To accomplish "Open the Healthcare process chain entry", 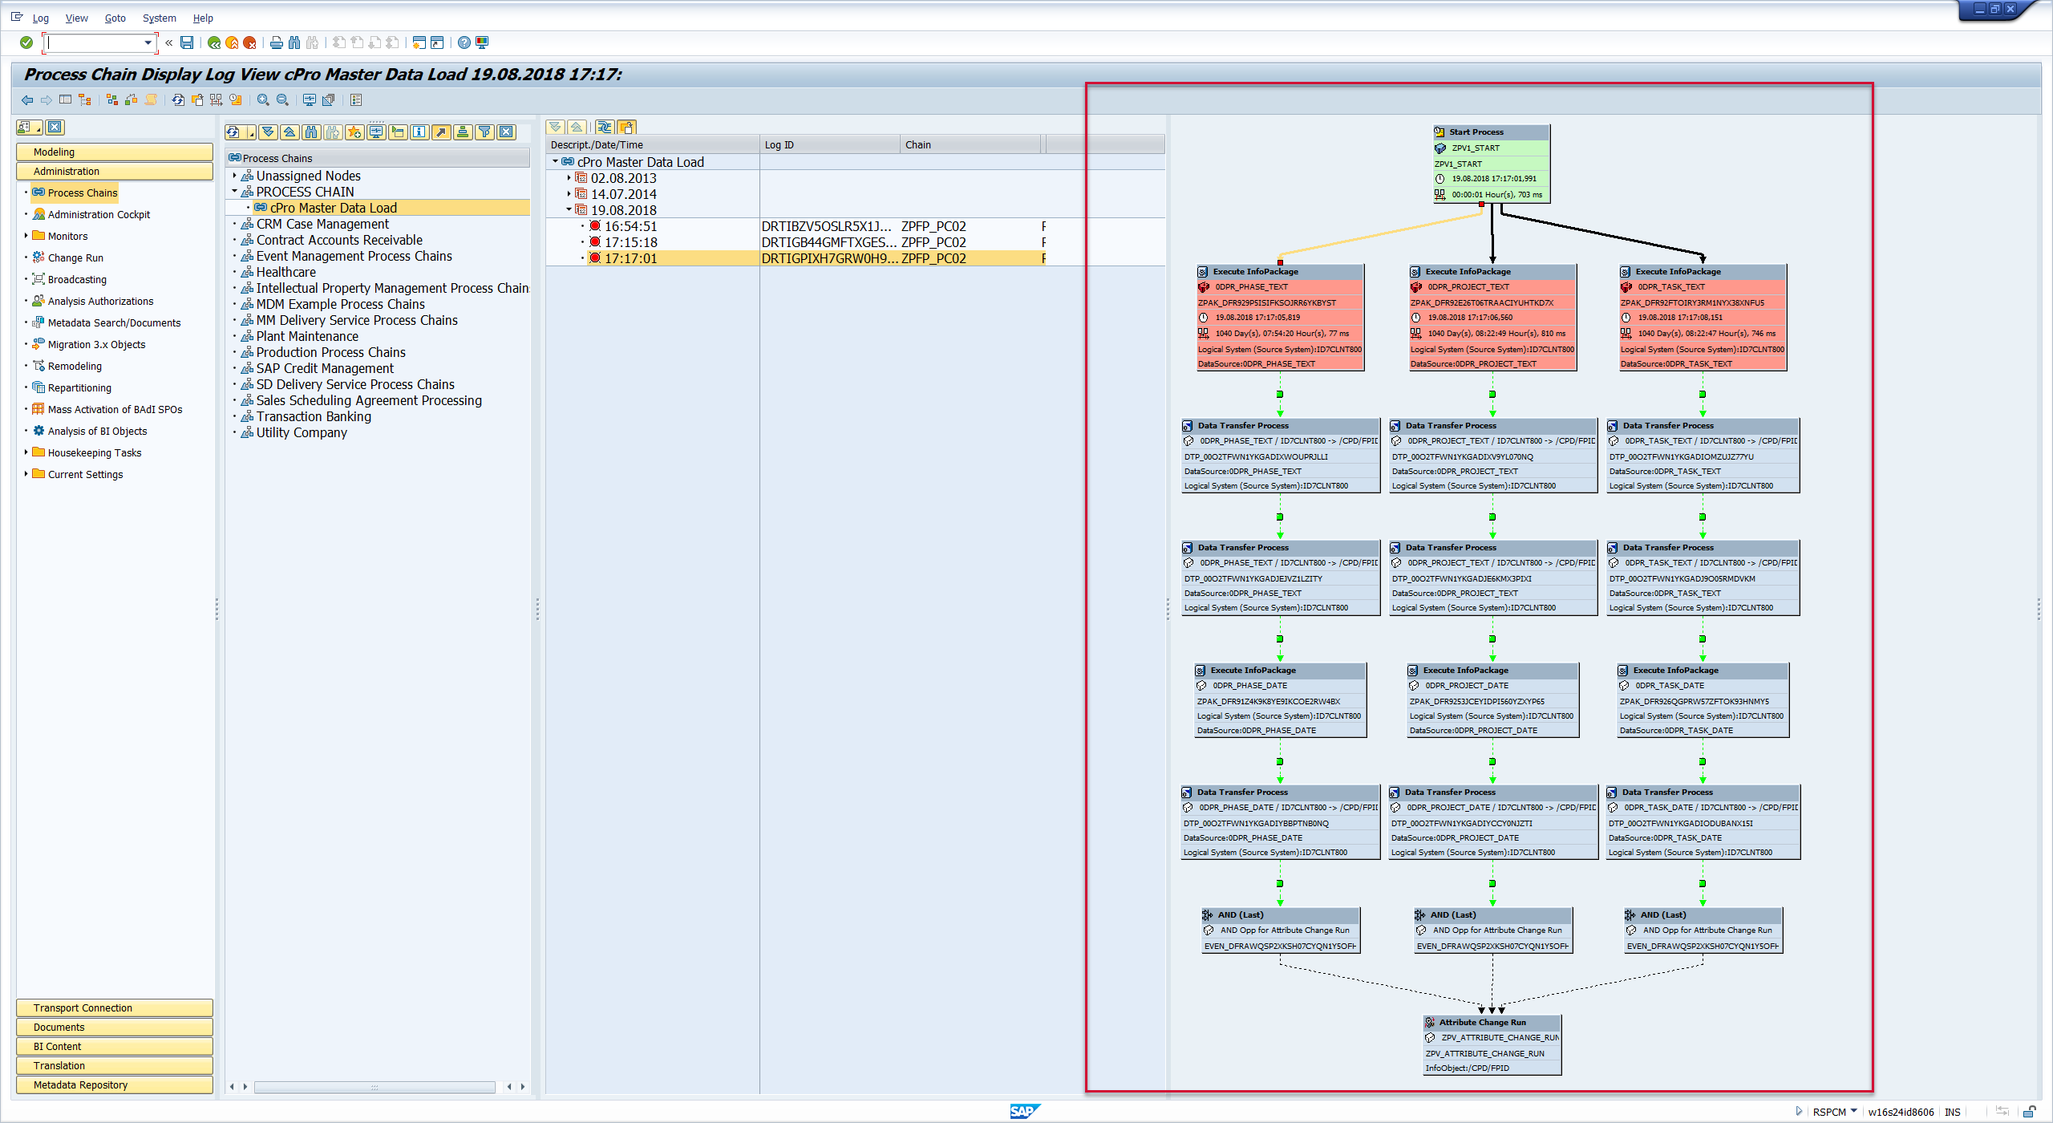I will (285, 272).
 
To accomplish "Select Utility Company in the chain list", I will (302, 432).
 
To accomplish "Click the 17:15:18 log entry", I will (630, 242).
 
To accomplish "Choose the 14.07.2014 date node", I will (623, 194).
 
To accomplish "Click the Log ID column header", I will (779, 145).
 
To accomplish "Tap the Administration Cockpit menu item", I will (99, 214).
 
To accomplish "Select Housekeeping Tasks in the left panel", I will (94, 452).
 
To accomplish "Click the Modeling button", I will (115, 152).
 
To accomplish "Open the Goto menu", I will (115, 18).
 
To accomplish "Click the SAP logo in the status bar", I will (1023, 1111).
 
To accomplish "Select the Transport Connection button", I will (115, 1007).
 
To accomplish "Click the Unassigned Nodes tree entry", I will (308, 176).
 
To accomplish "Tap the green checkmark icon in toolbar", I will (26, 43).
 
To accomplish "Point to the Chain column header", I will (917, 145).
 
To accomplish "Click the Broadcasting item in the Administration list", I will (77, 279).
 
